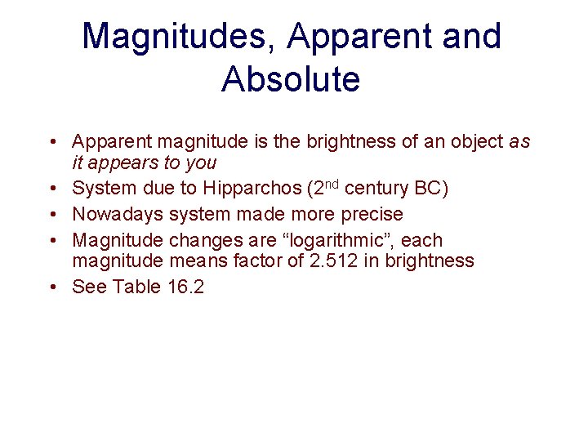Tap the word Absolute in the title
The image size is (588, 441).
coord(290,79)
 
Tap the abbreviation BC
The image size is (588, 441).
coord(430,189)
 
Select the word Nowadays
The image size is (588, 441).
coord(118,215)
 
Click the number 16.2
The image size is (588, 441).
coord(185,287)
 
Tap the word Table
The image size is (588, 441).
coord(137,287)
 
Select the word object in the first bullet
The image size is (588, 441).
coord(478,142)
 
